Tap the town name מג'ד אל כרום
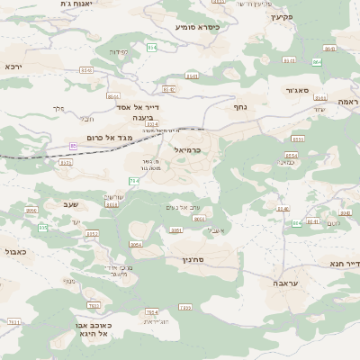(110, 137)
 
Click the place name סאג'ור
(297, 90)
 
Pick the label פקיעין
(283, 17)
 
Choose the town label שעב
(70, 204)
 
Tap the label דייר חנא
(344, 264)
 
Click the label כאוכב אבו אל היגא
(90, 328)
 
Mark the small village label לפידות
(119, 51)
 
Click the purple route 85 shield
(73, 145)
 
